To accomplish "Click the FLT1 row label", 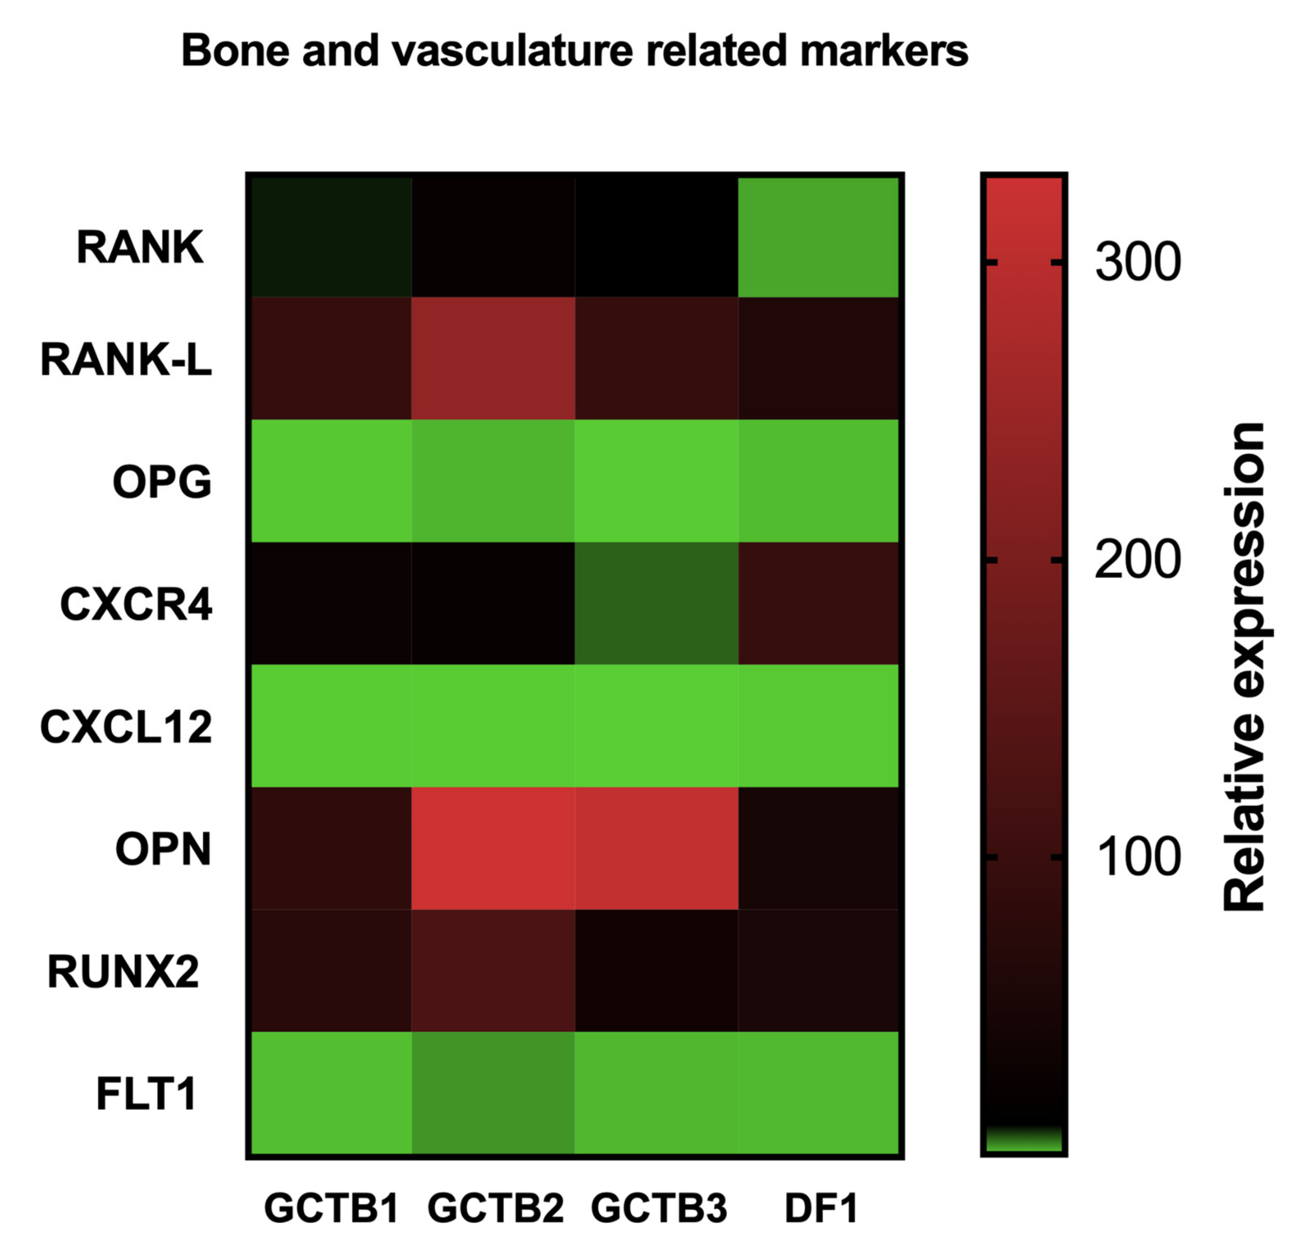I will (146, 1094).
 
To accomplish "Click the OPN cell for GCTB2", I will (493, 849).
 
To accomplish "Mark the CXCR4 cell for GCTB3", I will (656, 603).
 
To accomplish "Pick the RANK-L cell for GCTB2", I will (493, 358).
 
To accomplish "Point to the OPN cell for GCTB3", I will (656, 849).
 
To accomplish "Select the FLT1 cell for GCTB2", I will (493, 1093).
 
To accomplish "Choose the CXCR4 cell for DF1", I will (818, 603).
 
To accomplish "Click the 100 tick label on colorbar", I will (1138, 857).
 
